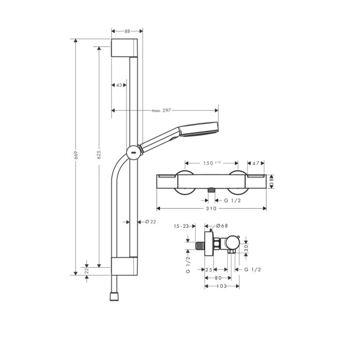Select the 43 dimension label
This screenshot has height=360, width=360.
pos(119,85)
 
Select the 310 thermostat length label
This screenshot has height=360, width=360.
pos(210,209)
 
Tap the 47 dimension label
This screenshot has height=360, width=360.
pos(256,163)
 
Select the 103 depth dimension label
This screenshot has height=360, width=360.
pos(222,286)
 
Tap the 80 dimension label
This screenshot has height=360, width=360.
pos(219,278)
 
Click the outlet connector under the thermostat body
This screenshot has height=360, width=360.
pos(211,191)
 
